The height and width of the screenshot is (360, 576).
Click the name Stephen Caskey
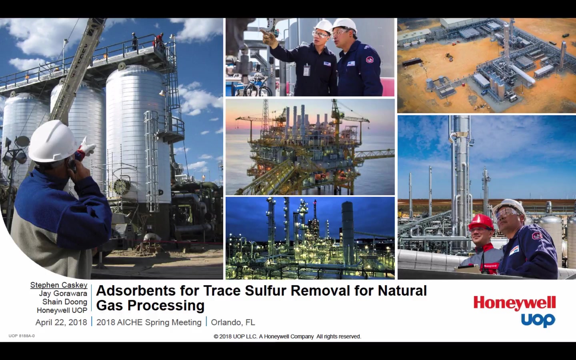pos(59,285)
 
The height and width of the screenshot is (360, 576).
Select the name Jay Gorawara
pos(63,294)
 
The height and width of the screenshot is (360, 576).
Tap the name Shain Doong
pos(65,302)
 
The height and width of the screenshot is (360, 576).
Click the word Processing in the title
pos(166,306)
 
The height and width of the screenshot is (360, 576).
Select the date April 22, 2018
pos(61,322)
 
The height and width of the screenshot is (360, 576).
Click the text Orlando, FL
pos(233,322)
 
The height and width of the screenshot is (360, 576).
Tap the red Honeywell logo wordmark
pos(514,304)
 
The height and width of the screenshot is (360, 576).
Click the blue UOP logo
pos(538,320)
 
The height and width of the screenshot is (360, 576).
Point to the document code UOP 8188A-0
pos(22,336)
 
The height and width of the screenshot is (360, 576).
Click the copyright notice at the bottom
pos(288,336)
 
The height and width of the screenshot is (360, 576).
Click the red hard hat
pos(481,222)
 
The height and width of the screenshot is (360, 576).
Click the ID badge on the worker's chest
pos(306,70)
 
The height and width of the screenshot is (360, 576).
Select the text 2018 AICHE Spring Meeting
pos(149,322)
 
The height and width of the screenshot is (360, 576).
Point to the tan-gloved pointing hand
pos(269,38)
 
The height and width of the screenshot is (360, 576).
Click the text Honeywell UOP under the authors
pos(62,310)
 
